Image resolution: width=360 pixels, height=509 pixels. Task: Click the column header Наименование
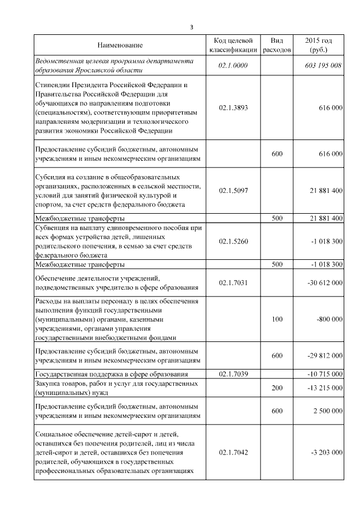(x=120, y=45)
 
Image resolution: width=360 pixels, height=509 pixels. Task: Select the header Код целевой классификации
(x=233, y=45)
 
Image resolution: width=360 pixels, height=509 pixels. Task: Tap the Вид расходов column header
(x=277, y=45)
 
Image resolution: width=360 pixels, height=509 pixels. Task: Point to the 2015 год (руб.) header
(x=318, y=45)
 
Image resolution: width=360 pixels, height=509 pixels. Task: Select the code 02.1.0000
(x=233, y=66)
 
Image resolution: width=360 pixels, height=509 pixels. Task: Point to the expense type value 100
(x=277, y=319)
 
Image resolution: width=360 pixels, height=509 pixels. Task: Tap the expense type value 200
(x=277, y=388)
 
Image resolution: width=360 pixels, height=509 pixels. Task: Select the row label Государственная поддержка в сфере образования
(x=111, y=374)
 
